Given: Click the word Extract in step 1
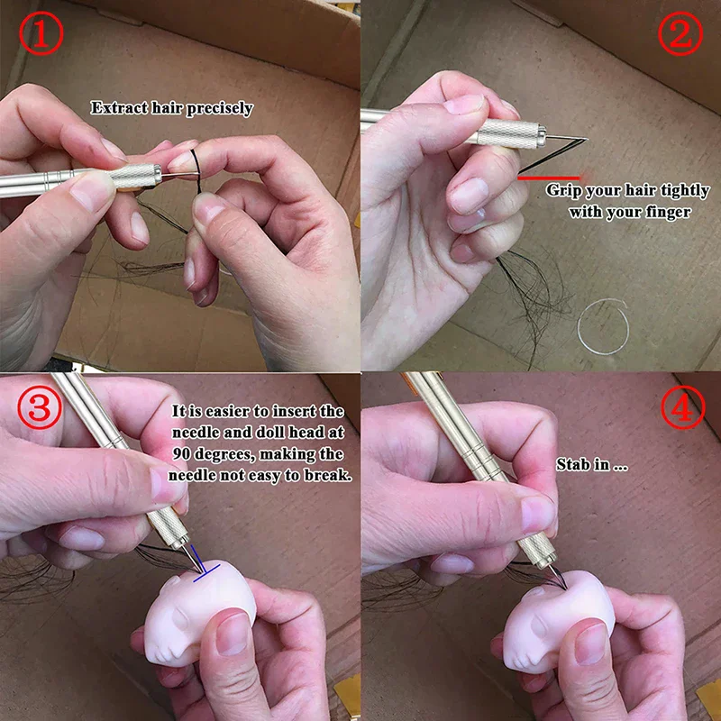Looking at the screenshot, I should tap(114, 108).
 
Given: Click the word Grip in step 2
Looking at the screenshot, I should tap(564, 191).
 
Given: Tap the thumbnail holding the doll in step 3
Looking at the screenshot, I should tap(233, 636).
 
